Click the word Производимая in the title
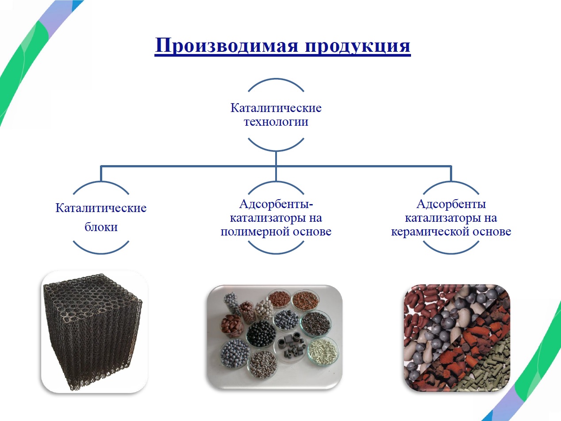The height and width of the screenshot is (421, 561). pyautogui.click(x=227, y=45)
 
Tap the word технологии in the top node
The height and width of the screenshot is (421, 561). pyautogui.click(x=276, y=121)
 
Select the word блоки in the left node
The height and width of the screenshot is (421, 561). pyautogui.click(x=101, y=227)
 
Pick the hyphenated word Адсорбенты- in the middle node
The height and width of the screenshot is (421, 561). pyautogui.click(x=276, y=204)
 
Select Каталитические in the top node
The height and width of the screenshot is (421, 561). pyautogui.click(x=276, y=108)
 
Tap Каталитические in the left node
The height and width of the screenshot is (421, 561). pyautogui.click(x=101, y=208)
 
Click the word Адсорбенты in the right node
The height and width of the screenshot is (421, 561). pyautogui.click(x=451, y=204)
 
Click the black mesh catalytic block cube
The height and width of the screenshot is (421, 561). pyautogui.click(x=92, y=332)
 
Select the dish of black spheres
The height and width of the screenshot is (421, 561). pyautogui.click(x=261, y=334)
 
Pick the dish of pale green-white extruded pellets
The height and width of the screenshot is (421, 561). pyautogui.click(x=323, y=351)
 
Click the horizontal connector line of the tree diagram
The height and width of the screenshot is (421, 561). pyautogui.click(x=276, y=166)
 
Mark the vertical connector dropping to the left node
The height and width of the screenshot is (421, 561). pyautogui.click(x=101, y=174)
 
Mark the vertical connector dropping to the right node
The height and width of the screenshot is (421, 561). pyautogui.click(x=451, y=174)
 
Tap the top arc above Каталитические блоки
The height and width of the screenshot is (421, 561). pyautogui.click(x=101, y=182)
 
